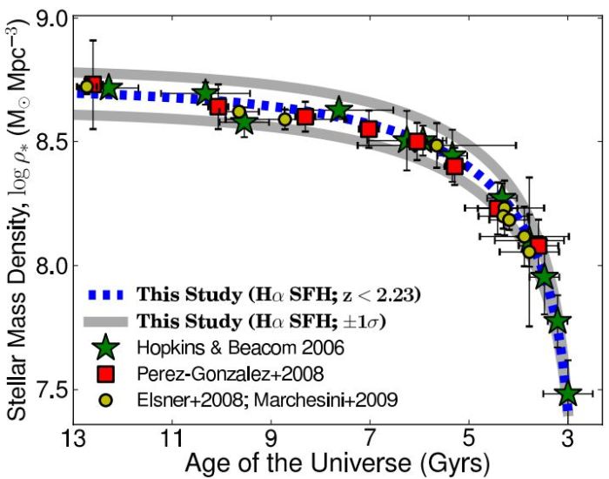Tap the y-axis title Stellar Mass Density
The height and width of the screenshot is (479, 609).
15,218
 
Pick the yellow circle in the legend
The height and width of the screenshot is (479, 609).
106,400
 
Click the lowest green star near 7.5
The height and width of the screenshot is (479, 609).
567,394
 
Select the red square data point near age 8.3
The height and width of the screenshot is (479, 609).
305,117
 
